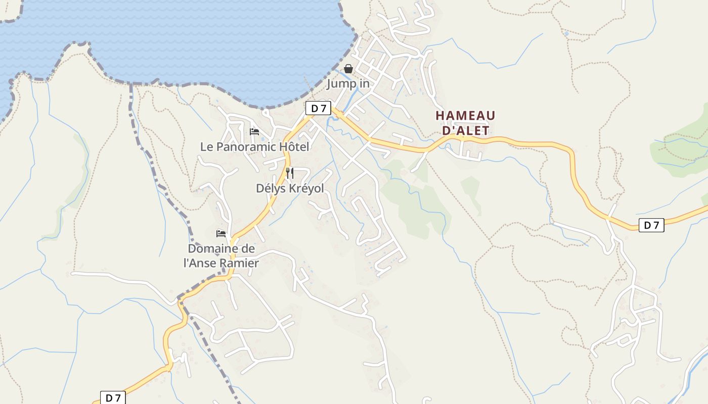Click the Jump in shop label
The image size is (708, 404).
tap(348, 83)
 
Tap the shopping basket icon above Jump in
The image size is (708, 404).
tap(348, 69)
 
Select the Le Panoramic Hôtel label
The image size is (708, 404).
tap(254, 147)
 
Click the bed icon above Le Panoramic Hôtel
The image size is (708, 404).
tap(254, 132)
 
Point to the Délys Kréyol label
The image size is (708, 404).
tap(290, 188)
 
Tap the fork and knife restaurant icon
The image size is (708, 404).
tap(290, 173)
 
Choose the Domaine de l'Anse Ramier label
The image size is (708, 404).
tap(222, 256)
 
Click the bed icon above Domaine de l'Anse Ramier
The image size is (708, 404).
tap(221, 233)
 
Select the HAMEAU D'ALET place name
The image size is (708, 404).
tap(465, 123)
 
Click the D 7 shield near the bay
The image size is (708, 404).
tap(318, 108)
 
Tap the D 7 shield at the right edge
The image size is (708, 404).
tap(651, 225)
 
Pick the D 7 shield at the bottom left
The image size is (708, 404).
tap(113, 398)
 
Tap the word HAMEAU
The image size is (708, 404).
tap(465, 116)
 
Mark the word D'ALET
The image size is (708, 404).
tap(466, 131)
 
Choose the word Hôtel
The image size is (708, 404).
tap(293, 147)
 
